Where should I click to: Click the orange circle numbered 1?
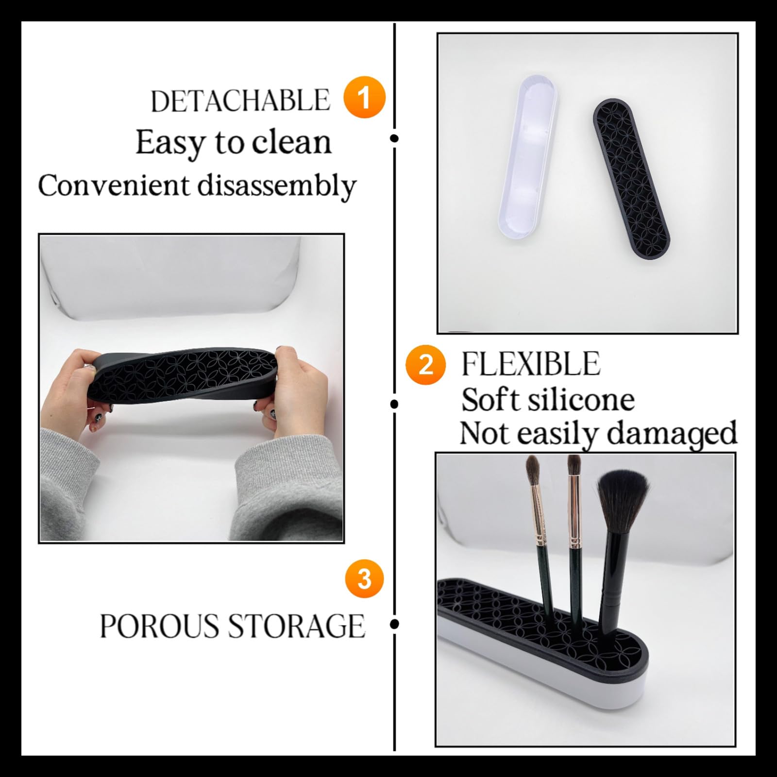[x=364, y=97]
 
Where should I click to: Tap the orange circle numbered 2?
[x=425, y=364]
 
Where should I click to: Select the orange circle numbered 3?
[x=364, y=579]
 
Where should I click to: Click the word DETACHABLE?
[x=240, y=101]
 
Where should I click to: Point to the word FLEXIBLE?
[x=530, y=364]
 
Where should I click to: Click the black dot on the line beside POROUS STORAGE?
[x=394, y=624]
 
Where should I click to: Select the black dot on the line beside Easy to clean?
[x=394, y=138]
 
